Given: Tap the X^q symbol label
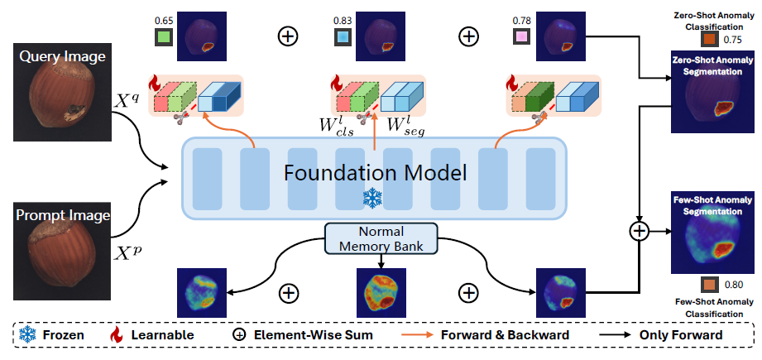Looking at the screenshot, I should [x=129, y=103].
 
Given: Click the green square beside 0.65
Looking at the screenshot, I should [x=165, y=36].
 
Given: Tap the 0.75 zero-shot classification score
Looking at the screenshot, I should [x=732, y=39].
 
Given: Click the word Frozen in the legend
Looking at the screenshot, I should [x=60, y=335].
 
